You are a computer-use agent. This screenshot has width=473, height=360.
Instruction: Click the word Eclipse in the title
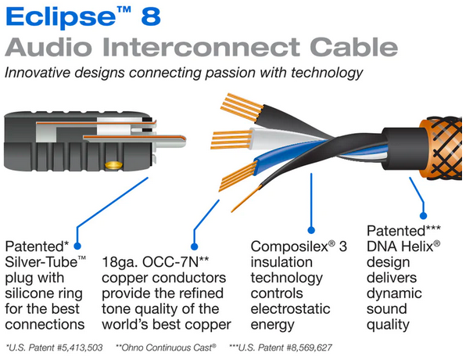pyautogui.click(x=61, y=17)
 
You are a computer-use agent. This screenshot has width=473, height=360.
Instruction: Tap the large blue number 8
pyautogui.click(x=151, y=16)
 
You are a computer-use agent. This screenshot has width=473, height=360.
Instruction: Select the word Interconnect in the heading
pyautogui.click(x=201, y=47)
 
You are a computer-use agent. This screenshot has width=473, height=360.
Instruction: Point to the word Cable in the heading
pyautogui.click(x=353, y=47)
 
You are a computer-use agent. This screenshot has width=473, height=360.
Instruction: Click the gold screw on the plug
pyautogui.click(x=113, y=165)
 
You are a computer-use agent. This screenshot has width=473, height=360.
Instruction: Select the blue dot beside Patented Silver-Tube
pyautogui.click(x=77, y=247)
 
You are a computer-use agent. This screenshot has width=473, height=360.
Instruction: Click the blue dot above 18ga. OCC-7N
pyautogui.click(x=195, y=247)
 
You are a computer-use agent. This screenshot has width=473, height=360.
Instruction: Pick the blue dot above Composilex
pyautogui.click(x=311, y=230)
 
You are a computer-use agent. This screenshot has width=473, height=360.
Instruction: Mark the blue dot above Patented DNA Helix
pyautogui.click(x=423, y=216)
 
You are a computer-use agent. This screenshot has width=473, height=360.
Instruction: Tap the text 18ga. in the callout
pyautogui.click(x=120, y=262)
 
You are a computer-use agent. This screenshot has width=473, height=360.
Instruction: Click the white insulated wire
pyautogui.click(x=281, y=139)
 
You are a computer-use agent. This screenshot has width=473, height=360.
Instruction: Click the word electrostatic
pyautogui.click(x=291, y=309)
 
